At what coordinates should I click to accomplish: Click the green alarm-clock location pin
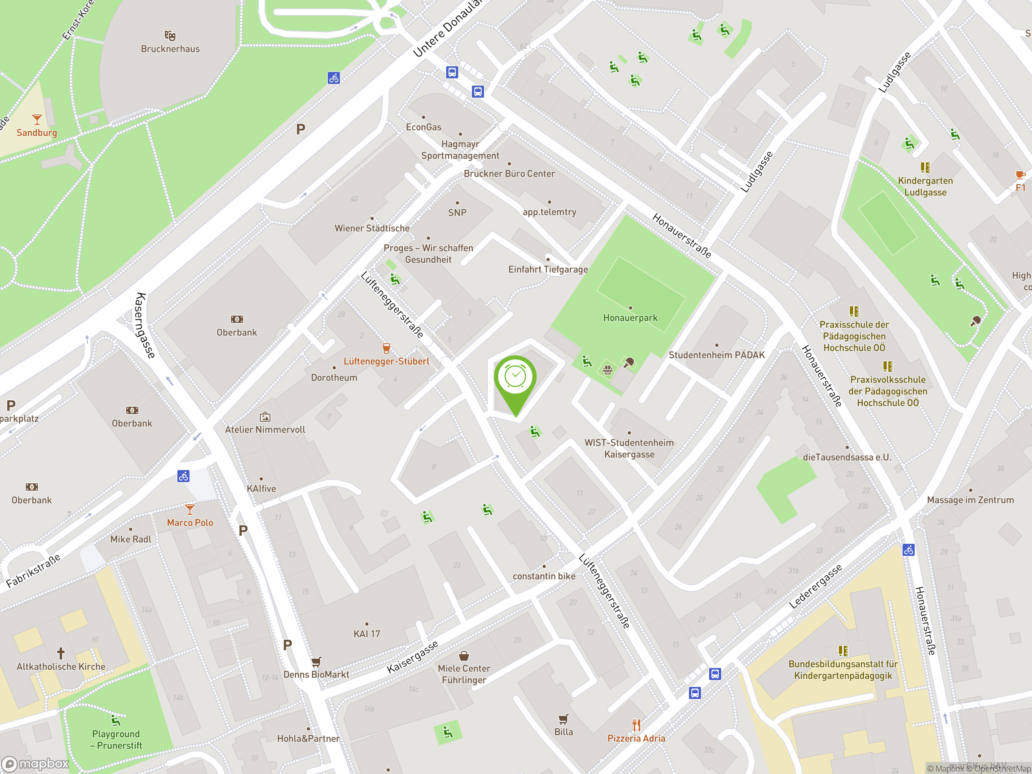click(x=515, y=378)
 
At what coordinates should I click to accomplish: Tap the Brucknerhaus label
click(x=170, y=49)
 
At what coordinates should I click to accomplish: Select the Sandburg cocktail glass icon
click(x=37, y=119)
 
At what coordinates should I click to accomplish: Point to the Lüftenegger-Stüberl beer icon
click(x=386, y=348)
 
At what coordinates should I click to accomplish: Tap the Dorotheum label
click(x=334, y=377)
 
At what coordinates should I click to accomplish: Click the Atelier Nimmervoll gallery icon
click(x=265, y=416)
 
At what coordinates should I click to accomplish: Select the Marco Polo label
click(x=190, y=522)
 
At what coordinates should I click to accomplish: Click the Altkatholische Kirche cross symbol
click(x=60, y=653)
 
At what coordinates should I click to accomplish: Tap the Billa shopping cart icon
click(x=564, y=719)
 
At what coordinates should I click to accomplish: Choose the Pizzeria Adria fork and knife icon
click(x=637, y=725)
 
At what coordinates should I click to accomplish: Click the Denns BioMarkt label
click(x=316, y=674)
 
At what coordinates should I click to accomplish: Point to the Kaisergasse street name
click(x=412, y=657)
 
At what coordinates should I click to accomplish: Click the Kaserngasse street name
click(x=145, y=326)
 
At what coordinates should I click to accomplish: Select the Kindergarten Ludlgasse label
click(x=925, y=187)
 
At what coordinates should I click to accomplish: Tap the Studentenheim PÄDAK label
click(x=717, y=355)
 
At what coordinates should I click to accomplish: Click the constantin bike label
click(x=544, y=576)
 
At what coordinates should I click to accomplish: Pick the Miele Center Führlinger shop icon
click(x=464, y=656)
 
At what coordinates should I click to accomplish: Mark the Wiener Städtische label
click(x=372, y=228)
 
